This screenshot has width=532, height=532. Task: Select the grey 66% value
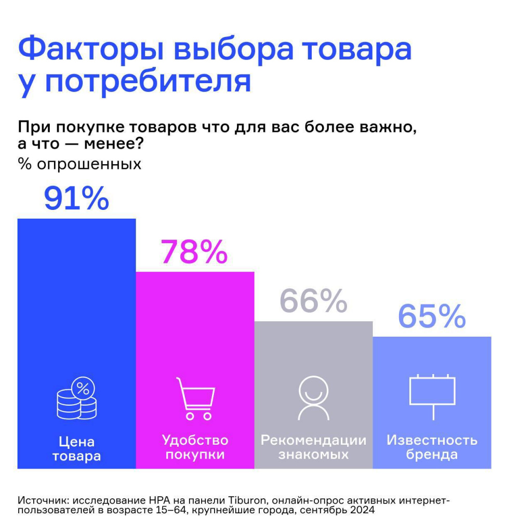tap(313, 301)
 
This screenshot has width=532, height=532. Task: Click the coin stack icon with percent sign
tap(76, 398)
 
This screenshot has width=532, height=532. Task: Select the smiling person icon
tap(313, 398)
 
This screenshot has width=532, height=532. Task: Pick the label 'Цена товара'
tap(76, 449)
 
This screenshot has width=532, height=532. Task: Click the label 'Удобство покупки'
tap(195, 447)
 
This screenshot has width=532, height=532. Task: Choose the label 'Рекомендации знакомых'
tap(313, 447)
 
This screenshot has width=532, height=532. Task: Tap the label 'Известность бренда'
tap(432, 447)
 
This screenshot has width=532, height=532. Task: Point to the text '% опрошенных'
tap(80, 164)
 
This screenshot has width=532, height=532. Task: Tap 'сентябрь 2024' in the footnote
tap(344, 511)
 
